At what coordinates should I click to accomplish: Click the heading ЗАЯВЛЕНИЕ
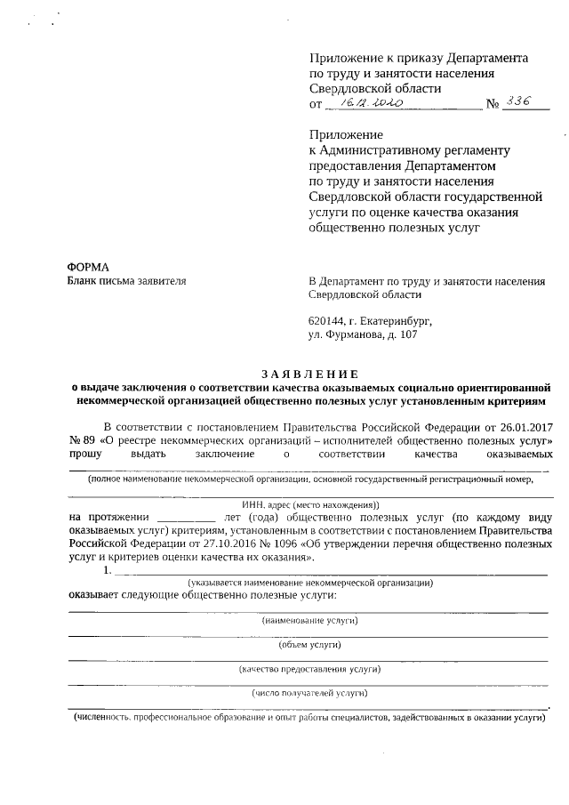[x=310, y=373]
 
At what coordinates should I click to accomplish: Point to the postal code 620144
[x=326, y=320]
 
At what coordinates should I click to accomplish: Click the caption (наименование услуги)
[x=310, y=619]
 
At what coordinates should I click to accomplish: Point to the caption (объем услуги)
[x=310, y=644]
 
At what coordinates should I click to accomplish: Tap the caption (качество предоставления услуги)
[x=310, y=668]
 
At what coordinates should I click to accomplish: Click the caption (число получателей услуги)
[x=310, y=692]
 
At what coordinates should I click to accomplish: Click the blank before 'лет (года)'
[x=185, y=516]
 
